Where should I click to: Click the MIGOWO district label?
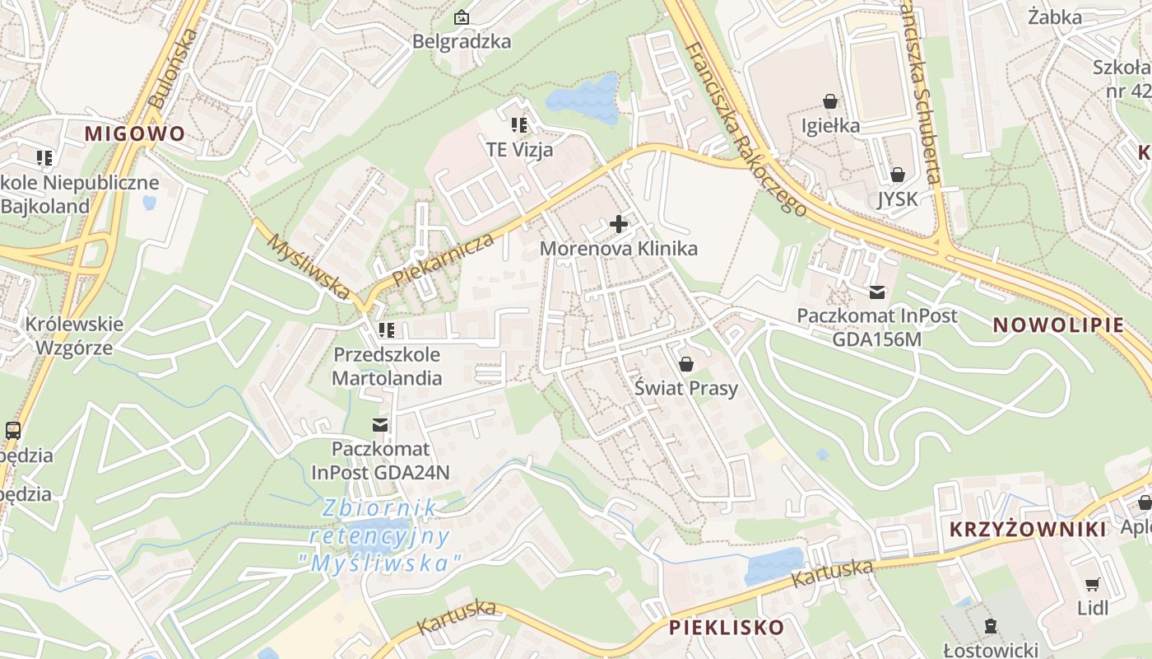(135, 133)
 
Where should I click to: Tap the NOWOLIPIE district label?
(1058, 325)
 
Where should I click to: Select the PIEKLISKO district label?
(727, 628)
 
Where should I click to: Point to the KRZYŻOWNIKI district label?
(1029, 530)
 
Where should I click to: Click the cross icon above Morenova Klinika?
(619, 223)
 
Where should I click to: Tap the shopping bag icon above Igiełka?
(830, 101)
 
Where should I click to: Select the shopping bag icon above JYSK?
(897, 175)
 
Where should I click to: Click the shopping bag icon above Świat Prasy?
(685, 363)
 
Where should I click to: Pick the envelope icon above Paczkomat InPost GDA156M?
(876, 292)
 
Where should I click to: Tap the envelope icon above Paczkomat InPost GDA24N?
(380, 425)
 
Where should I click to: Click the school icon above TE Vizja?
(519, 125)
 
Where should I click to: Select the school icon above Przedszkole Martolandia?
(387, 330)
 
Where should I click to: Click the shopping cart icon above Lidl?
(1092, 584)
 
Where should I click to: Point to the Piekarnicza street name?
(444, 259)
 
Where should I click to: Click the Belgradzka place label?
(462, 41)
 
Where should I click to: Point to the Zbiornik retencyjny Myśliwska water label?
(381, 535)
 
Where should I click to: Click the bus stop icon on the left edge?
(13, 430)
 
